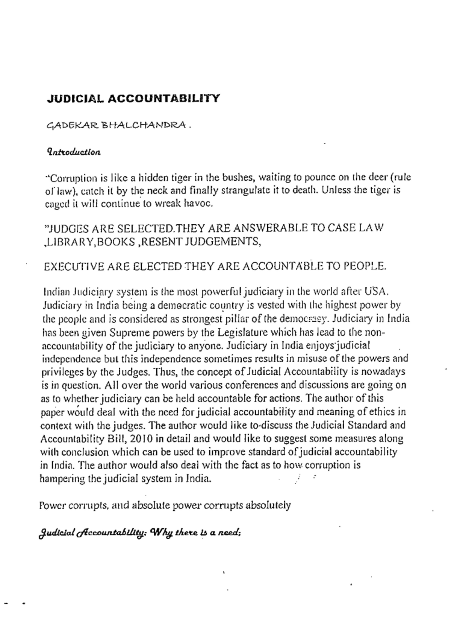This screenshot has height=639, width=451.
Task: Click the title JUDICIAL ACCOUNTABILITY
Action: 133,99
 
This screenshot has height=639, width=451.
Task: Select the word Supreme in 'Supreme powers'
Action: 126,332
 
